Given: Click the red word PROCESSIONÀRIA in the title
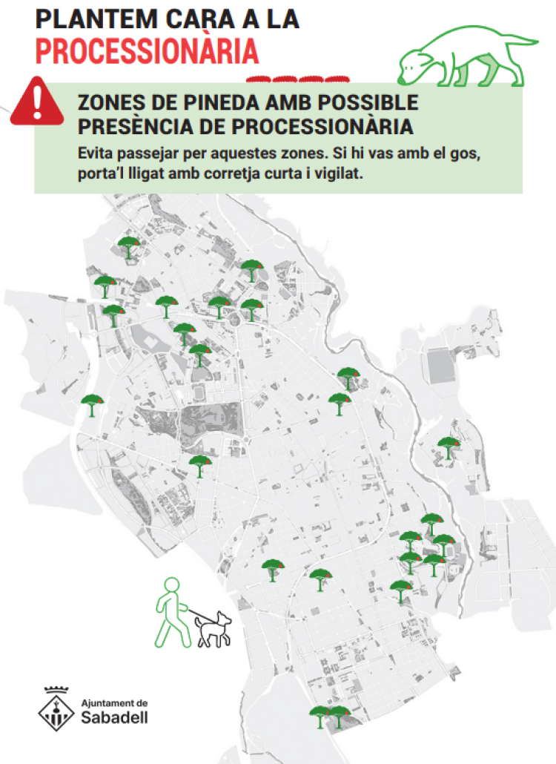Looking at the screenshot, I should coord(147,51).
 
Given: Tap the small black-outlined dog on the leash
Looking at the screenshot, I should coord(214,628).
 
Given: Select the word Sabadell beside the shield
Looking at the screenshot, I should coord(114,717).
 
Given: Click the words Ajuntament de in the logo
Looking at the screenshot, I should coord(114,702).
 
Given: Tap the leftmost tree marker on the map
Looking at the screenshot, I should coord(92,405).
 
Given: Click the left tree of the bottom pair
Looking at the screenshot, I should coord(320,716).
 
